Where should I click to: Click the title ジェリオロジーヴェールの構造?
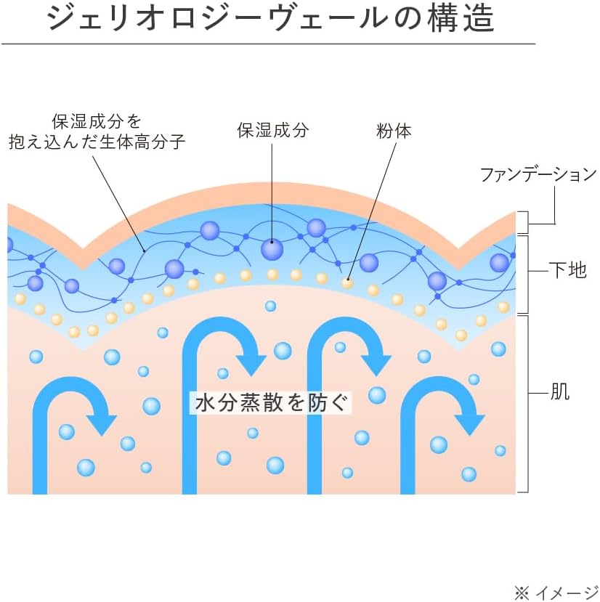(x=270, y=19)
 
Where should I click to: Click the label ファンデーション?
(x=538, y=174)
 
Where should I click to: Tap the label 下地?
(x=567, y=272)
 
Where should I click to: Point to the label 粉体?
(x=394, y=131)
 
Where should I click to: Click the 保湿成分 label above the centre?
(x=272, y=131)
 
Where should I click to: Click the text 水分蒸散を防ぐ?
(x=270, y=402)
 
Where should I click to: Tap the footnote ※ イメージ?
(x=556, y=592)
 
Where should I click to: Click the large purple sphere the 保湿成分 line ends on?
(x=272, y=249)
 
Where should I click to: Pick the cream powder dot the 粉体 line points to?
(x=348, y=283)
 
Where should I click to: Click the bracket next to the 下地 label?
(x=525, y=273)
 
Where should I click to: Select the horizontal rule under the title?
(x=269, y=44)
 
